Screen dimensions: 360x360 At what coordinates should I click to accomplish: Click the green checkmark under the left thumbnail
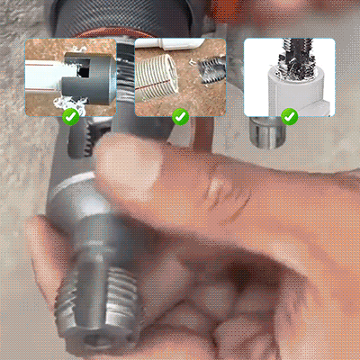(x=71, y=115)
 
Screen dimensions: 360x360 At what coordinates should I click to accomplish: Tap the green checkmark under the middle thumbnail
(x=180, y=116)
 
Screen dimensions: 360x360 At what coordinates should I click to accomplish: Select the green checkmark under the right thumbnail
(x=289, y=116)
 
